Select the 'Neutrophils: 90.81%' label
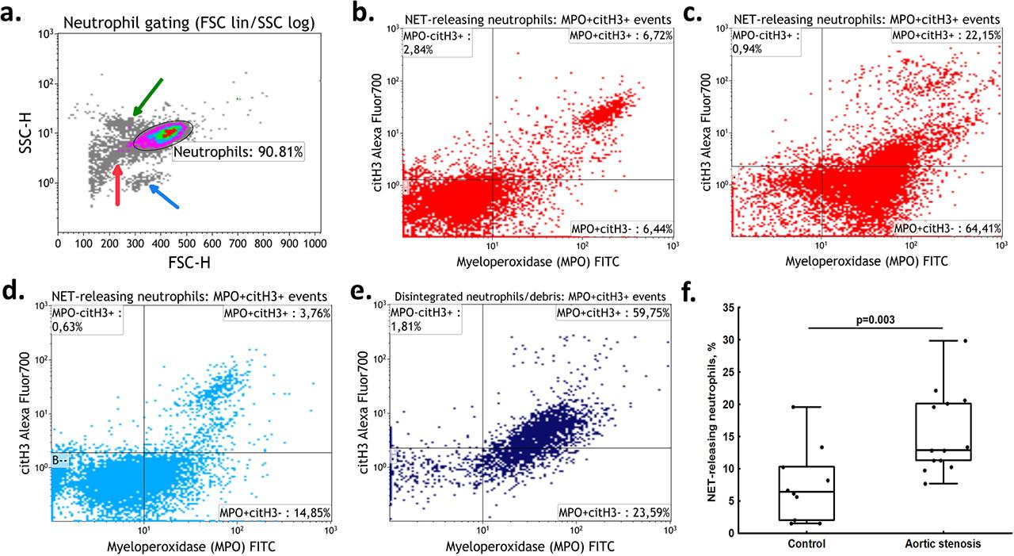tap(224, 151)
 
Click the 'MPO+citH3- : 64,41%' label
tap(947, 228)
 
